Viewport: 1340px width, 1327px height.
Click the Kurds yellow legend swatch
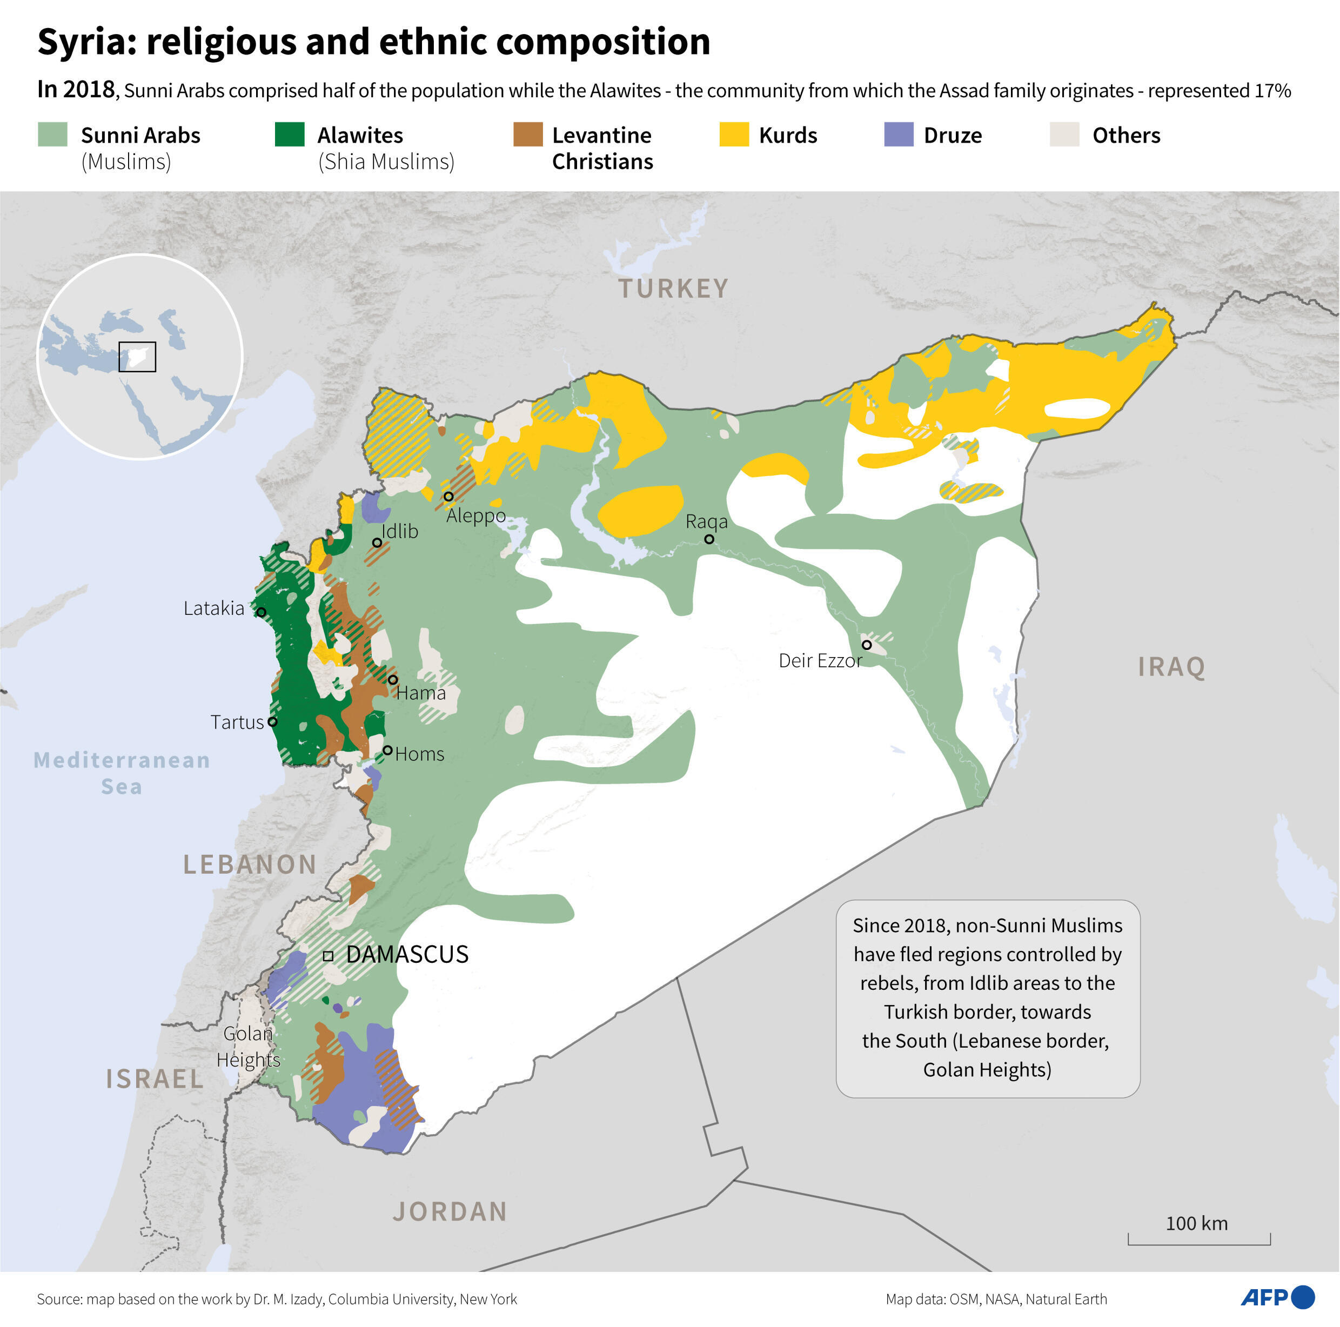[734, 134]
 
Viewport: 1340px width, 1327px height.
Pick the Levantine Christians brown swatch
[527, 134]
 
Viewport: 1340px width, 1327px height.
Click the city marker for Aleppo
[449, 496]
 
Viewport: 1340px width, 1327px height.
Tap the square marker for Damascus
[328, 955]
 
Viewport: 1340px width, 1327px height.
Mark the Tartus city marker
[272, 721]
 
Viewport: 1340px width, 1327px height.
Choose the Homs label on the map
[420, 754]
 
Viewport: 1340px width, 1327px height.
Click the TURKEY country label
[673, 289]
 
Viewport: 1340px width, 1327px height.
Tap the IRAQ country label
[1171, 667]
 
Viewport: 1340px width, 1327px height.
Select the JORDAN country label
[450, 1211]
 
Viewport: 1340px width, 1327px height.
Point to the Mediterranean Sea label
[122, 773]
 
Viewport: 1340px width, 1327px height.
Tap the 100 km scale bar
[1198, 1239]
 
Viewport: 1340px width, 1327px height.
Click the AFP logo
[1276, 1297]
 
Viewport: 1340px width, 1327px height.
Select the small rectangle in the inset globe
[137, 357]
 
